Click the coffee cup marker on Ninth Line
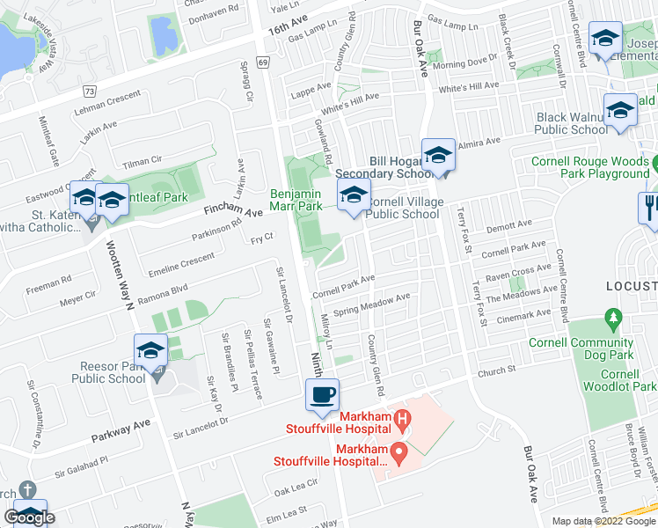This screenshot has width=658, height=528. (x=322, y=395)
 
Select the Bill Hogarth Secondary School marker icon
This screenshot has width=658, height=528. (x=437, y=155)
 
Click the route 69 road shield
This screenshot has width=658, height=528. (x=262, y=62)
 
